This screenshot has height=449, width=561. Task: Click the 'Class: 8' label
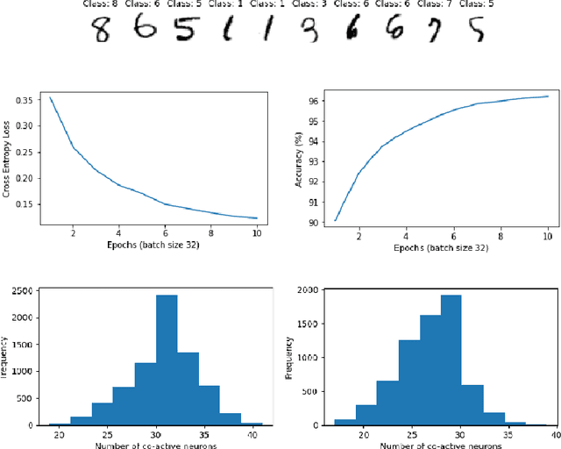click(105, 4)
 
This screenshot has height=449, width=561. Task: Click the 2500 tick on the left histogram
click(22, 291)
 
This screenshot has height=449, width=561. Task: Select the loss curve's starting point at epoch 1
click(50, 97)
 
